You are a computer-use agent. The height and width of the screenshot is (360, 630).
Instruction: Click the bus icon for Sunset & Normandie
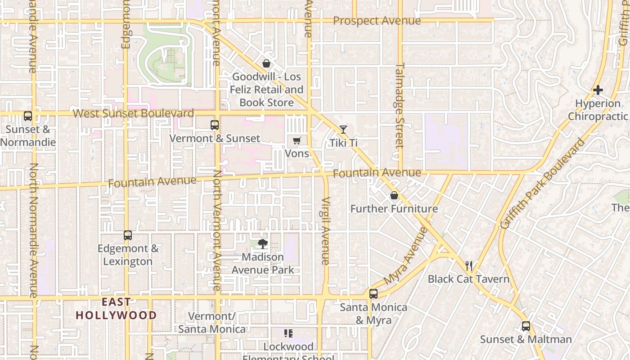28,116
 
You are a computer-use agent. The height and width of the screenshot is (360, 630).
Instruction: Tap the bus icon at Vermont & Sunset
215,125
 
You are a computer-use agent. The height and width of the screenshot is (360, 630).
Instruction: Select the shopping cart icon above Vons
297,141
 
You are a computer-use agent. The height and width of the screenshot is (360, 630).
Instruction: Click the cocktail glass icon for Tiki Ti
343,130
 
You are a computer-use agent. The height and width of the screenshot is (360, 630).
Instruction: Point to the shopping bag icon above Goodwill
266,63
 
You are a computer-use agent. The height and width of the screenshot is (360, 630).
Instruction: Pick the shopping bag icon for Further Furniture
394,195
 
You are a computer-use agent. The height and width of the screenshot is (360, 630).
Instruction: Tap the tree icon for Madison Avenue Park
263,244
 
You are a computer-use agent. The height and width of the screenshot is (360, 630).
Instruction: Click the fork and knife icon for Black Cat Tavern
469,265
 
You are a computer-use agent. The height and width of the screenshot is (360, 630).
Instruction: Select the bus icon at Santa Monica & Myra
373,294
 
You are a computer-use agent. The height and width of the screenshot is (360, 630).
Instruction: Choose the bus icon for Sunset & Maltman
526,326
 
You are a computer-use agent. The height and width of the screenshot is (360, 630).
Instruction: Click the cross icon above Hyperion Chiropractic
598,90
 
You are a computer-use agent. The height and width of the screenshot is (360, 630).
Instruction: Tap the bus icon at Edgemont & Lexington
128,235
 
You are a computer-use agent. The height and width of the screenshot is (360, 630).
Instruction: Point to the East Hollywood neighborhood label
116,309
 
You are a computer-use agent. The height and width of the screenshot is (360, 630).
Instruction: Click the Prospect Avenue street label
377,21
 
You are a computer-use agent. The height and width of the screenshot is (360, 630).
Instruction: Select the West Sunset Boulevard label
133,113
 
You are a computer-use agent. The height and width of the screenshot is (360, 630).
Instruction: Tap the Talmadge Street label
400,105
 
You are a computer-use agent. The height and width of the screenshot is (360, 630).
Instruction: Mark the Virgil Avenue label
326,230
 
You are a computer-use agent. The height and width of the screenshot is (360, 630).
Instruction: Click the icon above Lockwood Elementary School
288,333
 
